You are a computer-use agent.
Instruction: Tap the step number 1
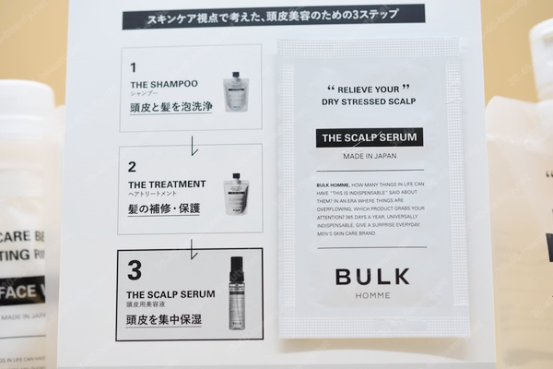(134, 67)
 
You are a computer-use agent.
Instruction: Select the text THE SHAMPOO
(164, 84)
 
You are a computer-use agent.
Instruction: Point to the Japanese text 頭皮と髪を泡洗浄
(171, 107)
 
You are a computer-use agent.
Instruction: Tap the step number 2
(134, 167)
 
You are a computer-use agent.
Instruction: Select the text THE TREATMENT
(168, 184)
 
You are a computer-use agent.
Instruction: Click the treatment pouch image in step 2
(236, 193)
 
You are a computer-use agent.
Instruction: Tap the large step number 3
(135, 271)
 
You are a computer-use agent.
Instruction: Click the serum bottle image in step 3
(237, 292)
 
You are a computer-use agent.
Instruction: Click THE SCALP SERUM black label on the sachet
(369, 137)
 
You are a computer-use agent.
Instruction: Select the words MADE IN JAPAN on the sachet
(369, 156)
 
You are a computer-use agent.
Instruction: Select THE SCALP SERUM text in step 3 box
(171, 293)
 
